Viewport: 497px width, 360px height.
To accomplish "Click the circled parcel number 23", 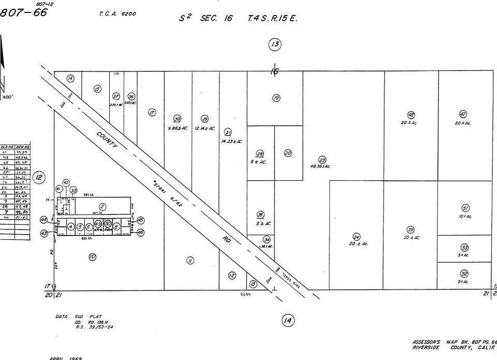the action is pyautogui.click(x=322, y=160).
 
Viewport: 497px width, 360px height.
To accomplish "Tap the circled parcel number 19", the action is pyautogui.click(x=276, y=98).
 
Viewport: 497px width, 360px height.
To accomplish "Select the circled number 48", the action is pyautogui.click(x=411, y=115).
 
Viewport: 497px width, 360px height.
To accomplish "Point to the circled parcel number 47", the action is pyautogui.click(x=463, y=114).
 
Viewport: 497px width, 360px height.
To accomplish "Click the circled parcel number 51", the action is pyautogui.click(x=465, y=208).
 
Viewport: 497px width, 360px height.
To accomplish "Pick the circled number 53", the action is pyautogui.click(x=464, y=248).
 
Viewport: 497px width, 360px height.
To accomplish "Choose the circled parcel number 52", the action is pyautogui.click(x=464, y=273).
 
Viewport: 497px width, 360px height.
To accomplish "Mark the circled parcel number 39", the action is pyautogui.click(x=411, y=230).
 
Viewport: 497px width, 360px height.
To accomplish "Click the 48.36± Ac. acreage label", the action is pyautogui.click(x=320, y=167).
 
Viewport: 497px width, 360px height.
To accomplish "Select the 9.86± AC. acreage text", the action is pyautogui.click(x=178, y=128).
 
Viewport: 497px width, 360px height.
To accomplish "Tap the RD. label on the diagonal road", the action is pyautogui.click(x=227, y=240).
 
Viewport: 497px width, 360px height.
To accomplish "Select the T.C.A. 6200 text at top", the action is pyautogui.click(x=118, y=14).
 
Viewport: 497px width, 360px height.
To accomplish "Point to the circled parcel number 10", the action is pyautogui.click(x=92, y=256).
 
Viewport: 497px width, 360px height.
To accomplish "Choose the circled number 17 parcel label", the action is pyautogui.click(x=152, y=112).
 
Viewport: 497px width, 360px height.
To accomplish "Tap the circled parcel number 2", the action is pyautogui.click(x=103, y=207).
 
